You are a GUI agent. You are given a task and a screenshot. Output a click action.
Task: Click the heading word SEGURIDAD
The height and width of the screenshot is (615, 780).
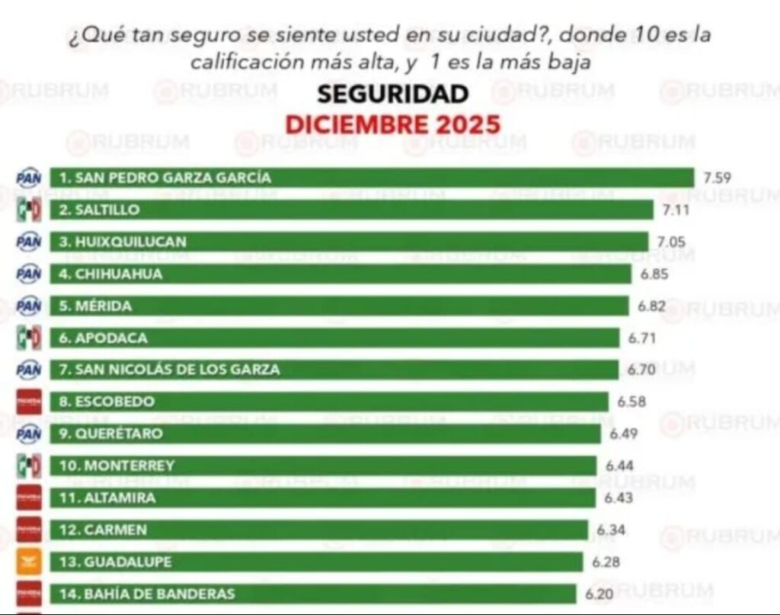pyautogui.click(x=392, y=94)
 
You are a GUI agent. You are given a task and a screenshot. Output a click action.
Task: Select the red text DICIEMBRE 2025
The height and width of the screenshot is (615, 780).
pyautogui.click(x=392, y=123)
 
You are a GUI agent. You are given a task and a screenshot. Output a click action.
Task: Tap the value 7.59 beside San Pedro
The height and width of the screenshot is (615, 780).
pyautogui.click(x=718, y=178)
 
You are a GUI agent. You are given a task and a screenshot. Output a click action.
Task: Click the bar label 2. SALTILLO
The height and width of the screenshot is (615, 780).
pyautogui.click(x=107, y=210)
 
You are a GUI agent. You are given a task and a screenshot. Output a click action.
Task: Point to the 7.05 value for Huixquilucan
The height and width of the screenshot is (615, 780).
pyautogui.click(x=671, y=242)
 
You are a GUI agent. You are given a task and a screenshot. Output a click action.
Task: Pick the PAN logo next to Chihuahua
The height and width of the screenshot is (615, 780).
pyautogui.click(x=29, y=274)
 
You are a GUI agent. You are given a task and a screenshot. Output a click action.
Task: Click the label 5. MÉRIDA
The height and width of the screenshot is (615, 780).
pyautogui.click(x=104, y=306)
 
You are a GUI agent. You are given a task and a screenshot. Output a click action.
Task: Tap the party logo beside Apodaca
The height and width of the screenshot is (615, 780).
pyautogui.click(x=29, y=338)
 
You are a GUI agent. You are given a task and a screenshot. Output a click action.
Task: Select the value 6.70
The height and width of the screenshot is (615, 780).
pyautogui.click(x=641, y=370)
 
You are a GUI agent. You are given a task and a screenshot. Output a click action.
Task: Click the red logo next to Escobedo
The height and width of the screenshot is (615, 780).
pyautogui.click(x=29, y=402)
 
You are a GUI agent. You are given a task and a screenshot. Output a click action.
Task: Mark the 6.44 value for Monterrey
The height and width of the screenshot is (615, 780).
pyautogui.click(x=619, y=465)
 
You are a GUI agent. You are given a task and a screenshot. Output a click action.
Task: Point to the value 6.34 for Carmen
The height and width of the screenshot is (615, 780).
pyautogui.click(x=612, y=529)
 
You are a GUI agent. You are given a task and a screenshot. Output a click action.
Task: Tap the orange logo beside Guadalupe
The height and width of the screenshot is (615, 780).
pyautogui.click(x=29, y=562)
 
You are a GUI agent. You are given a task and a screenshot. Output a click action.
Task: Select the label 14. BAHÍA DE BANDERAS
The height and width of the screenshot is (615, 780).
pyautogui.click(x=148, y=594)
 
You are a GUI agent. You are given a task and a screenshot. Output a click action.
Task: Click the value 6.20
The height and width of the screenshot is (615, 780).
pyautogui.click(x=599, y=594)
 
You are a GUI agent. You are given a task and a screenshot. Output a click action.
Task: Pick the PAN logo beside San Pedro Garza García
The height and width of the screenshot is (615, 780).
pyautogui.click(x=29, y=178)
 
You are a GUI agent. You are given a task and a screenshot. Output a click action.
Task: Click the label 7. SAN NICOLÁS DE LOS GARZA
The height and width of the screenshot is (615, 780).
pyautogui.click(x=170, y=370)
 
